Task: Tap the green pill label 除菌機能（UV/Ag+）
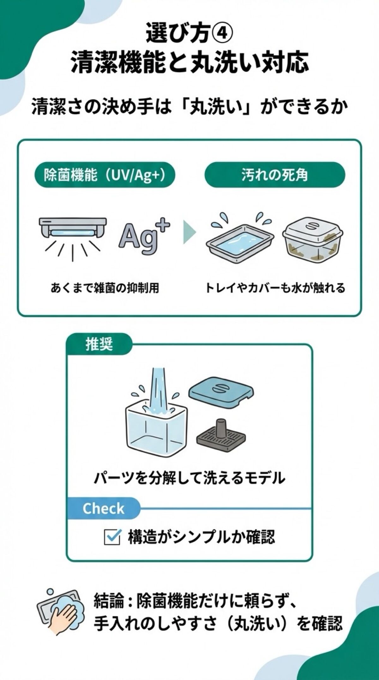click(x=105, y=175)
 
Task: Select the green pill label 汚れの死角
click(x=274, y=175)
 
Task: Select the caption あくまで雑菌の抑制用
click(x=105, y=288)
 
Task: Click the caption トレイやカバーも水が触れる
click(x=275, y=288)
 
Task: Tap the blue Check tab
click(x=103, y=509)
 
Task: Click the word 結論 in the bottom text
click(x=109, y=602)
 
